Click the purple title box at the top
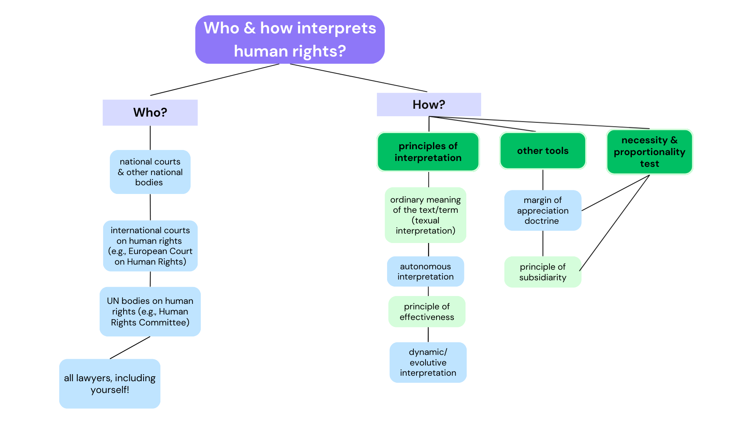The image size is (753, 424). click(290, 40)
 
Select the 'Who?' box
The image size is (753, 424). click(150, 113)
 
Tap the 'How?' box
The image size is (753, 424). click(429, 105)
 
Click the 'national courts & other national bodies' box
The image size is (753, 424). click(150, 172)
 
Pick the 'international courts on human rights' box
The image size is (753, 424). click(150, 246)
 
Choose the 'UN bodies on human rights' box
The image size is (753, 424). click(150, 312)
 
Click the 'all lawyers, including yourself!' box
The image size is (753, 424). click(110, 384)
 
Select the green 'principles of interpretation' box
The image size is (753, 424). click(428, 152)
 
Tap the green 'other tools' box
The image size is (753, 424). click(543, 151)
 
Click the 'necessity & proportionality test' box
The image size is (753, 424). click(649, 152)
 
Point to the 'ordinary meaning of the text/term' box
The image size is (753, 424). click(426, 215)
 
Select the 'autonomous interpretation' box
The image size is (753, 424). click(426, 272)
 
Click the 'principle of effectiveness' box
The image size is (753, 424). click(427, 312)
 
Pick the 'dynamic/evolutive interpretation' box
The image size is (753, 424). click(428, 362)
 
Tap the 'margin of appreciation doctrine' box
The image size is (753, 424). click(543, 210)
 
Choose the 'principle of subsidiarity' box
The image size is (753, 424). click(543, 272)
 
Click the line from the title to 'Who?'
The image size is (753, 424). click(215, 80)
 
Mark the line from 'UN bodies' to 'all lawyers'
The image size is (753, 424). click(130, 348)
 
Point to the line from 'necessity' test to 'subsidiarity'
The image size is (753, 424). click(614, 223)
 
